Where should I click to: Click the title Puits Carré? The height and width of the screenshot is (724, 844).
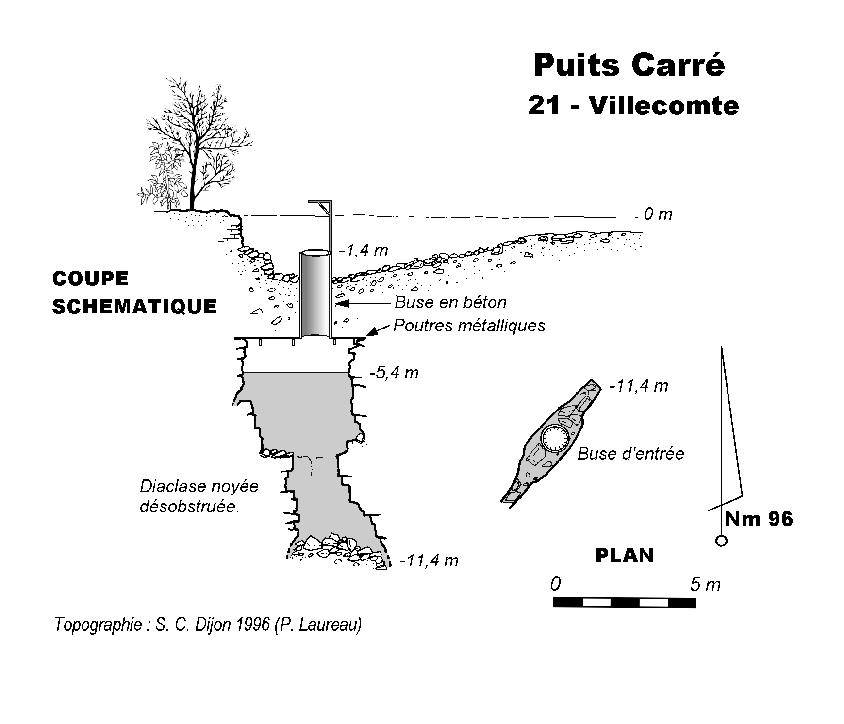pyautogui.click(x=629, y=66)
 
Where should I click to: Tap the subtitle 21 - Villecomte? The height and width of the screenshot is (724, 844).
pyautogui.click(x=633, y=105)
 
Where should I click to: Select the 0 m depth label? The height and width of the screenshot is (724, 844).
pyautogui.click(x=658, y=214)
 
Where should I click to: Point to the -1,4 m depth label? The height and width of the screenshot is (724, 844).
pyautogui.click(x=364, y=250)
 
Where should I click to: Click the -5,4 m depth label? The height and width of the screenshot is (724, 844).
pyautogui.click(x=394, y=373)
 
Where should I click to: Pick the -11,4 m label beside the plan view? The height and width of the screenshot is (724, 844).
pyautogui.click(x=638, y=386)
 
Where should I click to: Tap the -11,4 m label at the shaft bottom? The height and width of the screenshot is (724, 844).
pyautogui.click(x=429, y=560)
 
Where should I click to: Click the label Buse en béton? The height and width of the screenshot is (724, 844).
pyautogui.click(x=450, y=302)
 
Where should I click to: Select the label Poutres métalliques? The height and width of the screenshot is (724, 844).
pyautogui.click(x=469, y=325)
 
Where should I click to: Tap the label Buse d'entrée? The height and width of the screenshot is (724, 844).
pyautogui.click(x=630, y=454)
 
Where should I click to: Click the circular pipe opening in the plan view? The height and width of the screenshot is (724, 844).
pyautogui.click(x=554, y=438)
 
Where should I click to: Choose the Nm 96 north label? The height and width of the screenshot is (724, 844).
pyautogui.click(x=759, y=519)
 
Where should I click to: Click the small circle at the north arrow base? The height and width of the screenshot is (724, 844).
pyautogui.click(x=722, y=541)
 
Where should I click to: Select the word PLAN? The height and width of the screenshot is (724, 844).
pyautogui.click(x=624, y=555)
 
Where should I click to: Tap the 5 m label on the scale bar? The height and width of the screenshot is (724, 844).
pyautogui.click(x=705, y=585)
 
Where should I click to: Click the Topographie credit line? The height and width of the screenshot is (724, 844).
pyautogui.click(x=208, y=624)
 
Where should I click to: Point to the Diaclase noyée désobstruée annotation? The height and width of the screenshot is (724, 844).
pyautogui.click(x=199, y=496)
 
